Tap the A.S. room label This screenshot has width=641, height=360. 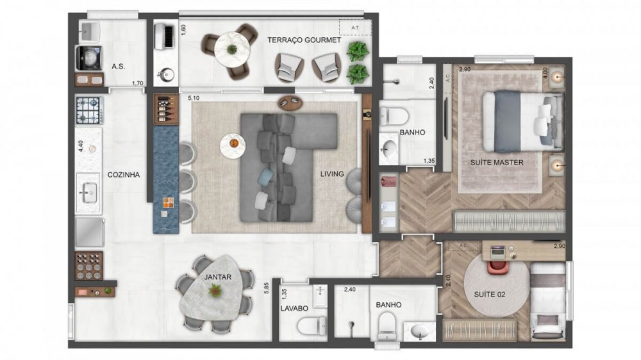118,66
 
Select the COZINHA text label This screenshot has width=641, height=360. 124,174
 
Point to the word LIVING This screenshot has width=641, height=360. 333,174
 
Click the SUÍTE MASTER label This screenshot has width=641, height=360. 497,162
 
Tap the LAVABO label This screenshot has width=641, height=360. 294,308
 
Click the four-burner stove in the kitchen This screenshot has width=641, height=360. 88,110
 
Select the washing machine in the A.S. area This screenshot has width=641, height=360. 88,58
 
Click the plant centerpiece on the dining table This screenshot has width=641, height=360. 215,291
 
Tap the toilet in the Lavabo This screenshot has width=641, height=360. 308,327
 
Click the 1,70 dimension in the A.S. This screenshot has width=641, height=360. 137,83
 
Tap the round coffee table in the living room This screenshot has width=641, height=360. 232,145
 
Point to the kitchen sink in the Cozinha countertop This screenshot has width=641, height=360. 88,191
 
